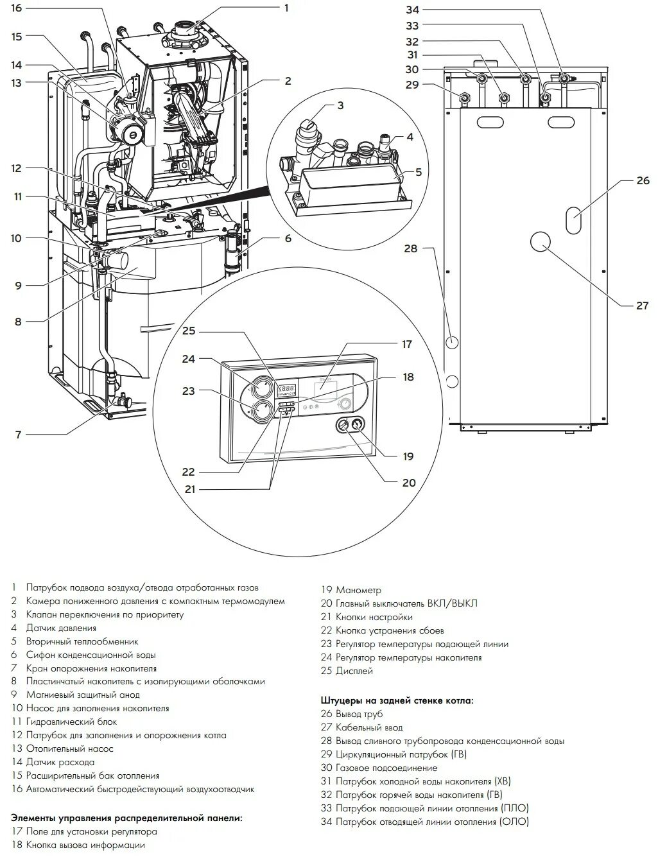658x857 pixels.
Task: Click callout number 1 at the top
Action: coord(286,8)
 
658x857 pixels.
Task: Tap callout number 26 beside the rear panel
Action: coord(643,181)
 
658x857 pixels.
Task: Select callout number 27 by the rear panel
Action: coord(643,306)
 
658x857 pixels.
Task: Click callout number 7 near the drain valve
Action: coord(19,435)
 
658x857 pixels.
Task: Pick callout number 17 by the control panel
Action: coord(406,345)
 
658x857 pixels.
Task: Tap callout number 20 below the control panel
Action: coord(408,483)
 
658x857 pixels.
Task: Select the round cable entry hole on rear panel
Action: coord(541,241)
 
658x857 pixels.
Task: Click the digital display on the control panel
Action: coord(286,389)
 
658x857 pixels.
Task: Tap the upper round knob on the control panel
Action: coord(261,388)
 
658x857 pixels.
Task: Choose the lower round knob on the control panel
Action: coord(261,411)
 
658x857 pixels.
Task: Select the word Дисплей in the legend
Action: coord(354,671)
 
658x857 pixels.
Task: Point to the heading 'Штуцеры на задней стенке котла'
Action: coord(397,700)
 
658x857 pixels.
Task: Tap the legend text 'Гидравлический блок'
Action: coord(71,722)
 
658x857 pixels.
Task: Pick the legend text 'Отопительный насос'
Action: coord(69,749)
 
